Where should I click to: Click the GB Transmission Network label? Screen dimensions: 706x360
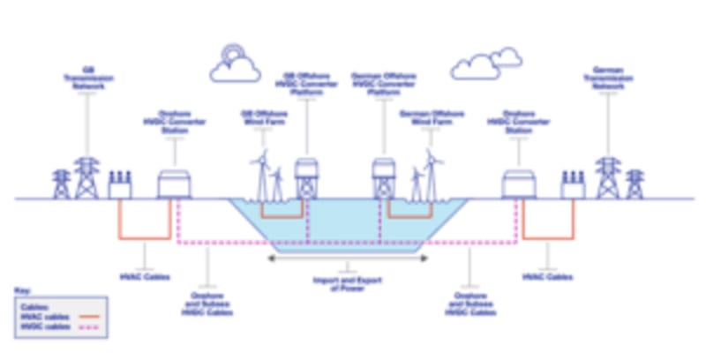(86, 78)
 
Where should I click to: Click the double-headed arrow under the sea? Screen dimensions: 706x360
(347, 259)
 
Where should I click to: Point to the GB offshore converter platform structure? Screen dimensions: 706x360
(307, 177)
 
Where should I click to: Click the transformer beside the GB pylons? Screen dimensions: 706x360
(120, 185)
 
